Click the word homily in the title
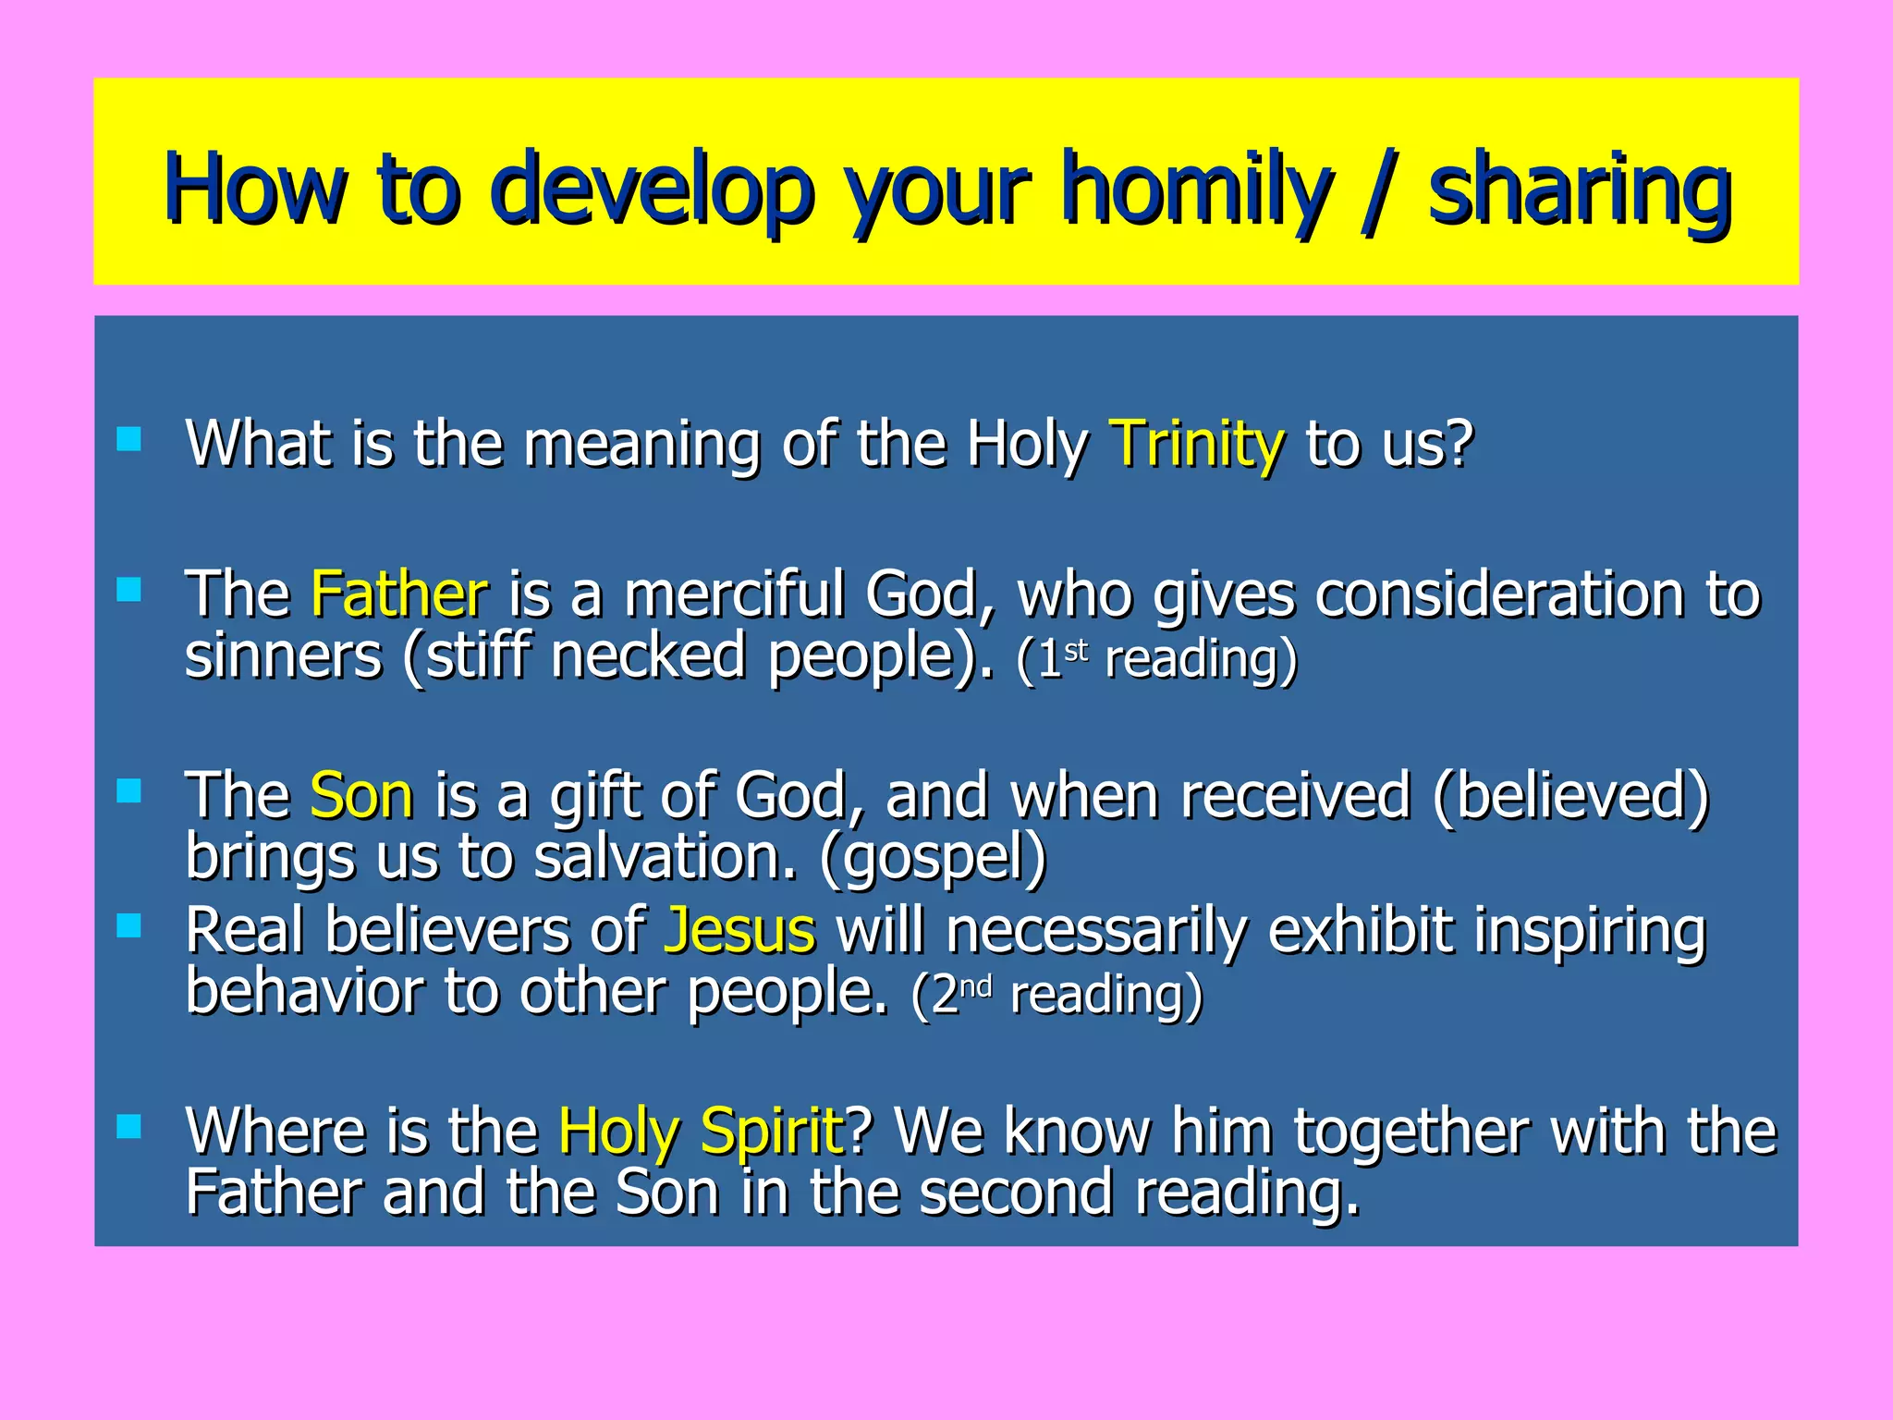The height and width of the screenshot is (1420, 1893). click(x=1197, y=190)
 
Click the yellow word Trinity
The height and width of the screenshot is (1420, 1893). click(x=1196, y=444)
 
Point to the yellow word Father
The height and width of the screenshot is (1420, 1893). click(x=398, y=594)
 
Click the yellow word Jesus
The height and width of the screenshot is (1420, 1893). click(x=739, y=930)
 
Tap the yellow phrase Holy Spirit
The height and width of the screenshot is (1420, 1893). click(x=701, y=1132)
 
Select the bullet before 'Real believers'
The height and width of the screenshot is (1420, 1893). click(x=129, y=925)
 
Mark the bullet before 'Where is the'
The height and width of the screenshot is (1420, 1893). click(x=129, y=1126)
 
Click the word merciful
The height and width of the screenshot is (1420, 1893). click(x=734, y=594)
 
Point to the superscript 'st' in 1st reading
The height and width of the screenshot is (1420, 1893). click(x=1076, y=650)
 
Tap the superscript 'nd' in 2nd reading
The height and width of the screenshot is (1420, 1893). click(x=976, y=986)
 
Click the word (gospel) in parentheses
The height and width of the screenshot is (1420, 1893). click(x=933, y=858)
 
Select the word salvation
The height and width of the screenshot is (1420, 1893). click(x=665, y=856)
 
